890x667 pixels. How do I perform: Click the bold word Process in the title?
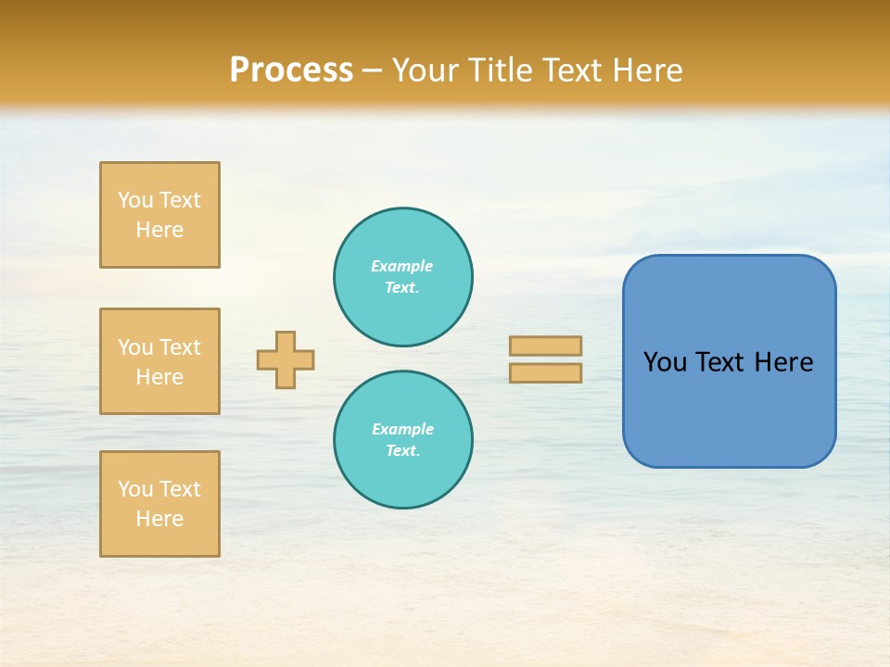click(x=291, y=70)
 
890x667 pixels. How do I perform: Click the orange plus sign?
click(x=286, y=359)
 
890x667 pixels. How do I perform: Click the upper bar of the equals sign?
click(x=545, y=346)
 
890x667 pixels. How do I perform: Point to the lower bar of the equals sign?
click(x=545, y=372)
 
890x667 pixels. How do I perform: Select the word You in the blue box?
click(x=666, y=362)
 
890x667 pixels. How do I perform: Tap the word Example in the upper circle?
click(x=402, y=266)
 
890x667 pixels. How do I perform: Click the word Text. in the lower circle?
click(x=402, y=451)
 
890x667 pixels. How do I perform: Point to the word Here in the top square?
click(x=159, y=230)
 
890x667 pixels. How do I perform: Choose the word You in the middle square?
click(x=135, y=347)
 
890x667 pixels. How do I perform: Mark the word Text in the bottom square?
click(x=179, y=489)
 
